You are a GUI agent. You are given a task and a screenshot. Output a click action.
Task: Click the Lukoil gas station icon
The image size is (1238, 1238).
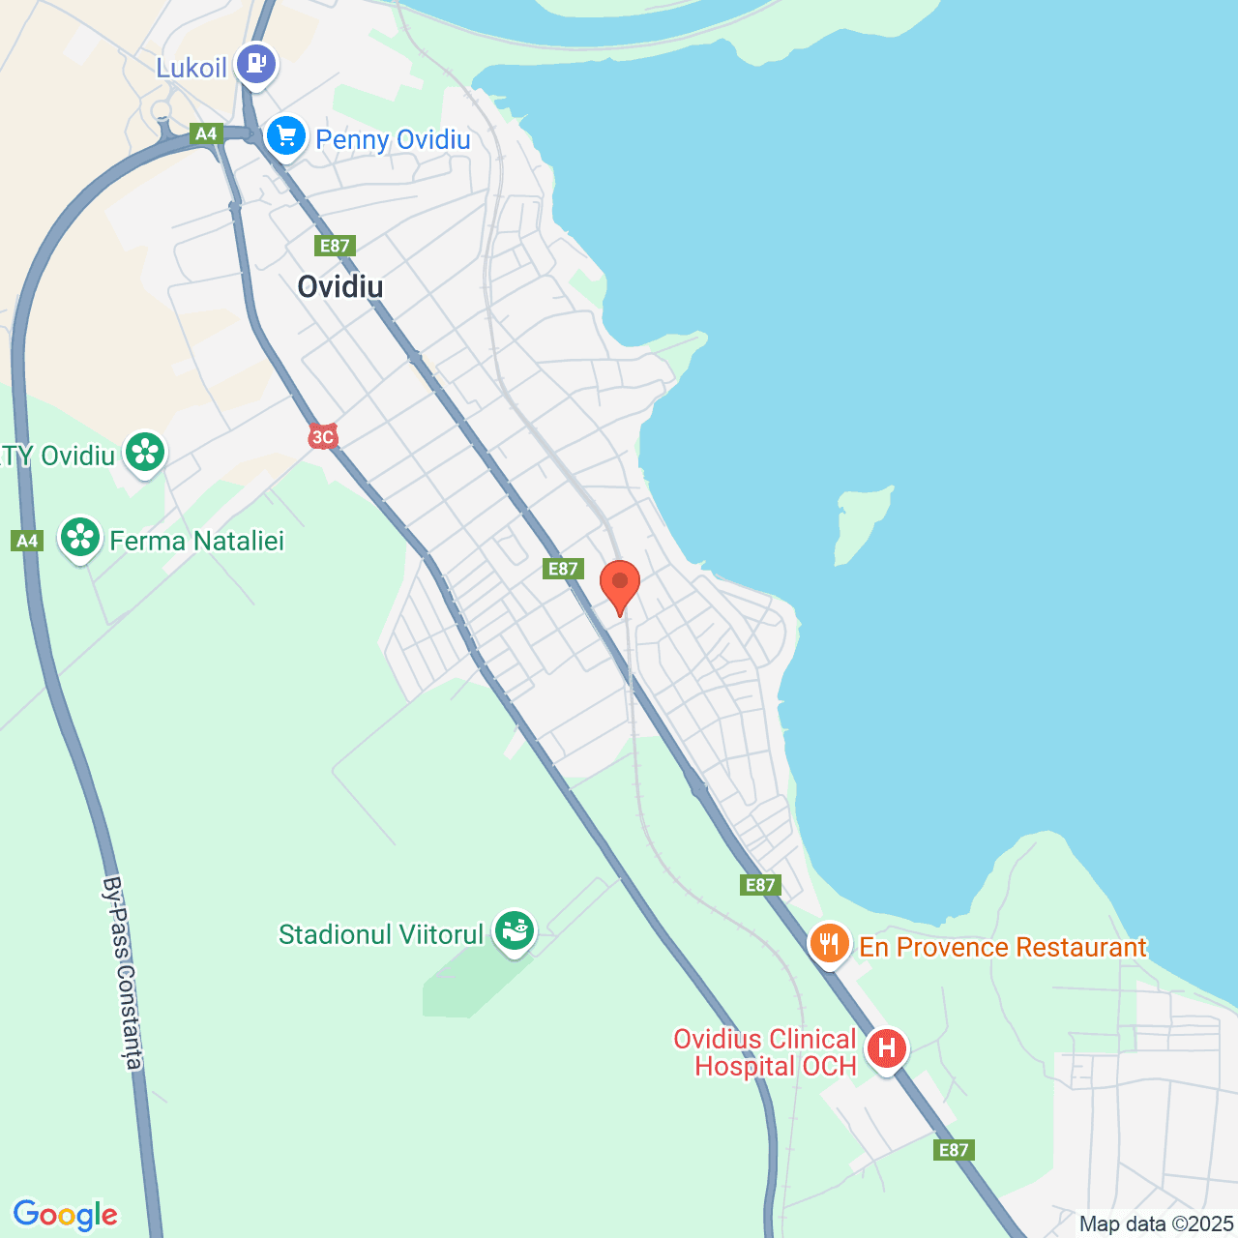255,65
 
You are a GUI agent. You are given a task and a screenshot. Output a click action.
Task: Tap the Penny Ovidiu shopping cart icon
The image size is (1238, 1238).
286,136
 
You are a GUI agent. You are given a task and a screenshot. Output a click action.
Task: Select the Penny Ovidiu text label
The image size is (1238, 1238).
393,139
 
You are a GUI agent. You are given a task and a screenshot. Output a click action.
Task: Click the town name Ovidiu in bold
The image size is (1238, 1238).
340,286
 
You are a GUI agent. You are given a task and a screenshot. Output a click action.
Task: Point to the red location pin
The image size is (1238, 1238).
620,584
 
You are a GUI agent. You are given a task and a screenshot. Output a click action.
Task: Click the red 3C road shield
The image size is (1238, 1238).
322,437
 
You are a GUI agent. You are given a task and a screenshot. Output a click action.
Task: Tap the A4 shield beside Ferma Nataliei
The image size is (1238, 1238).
27,541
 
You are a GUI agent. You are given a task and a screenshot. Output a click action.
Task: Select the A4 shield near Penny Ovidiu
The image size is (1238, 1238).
206,133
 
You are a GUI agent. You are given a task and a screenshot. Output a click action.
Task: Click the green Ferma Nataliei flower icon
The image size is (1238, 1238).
80,537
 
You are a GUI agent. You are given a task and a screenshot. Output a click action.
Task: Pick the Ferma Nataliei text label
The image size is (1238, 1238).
197,541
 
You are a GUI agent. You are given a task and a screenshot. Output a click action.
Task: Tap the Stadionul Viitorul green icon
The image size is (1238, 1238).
515,930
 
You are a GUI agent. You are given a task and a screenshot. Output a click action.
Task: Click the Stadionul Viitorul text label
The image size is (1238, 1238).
381,934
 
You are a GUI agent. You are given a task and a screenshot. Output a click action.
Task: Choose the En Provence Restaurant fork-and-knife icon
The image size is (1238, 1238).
829,943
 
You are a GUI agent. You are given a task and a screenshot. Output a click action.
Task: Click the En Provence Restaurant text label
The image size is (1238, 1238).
1003,947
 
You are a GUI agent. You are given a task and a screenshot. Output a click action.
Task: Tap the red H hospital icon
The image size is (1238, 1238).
886,1048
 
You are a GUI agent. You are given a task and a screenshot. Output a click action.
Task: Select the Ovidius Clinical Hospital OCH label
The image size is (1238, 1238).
765,1052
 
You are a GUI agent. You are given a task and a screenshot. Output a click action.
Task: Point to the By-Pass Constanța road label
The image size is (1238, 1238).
123,973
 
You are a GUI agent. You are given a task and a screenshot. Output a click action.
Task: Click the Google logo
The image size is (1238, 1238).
65,1215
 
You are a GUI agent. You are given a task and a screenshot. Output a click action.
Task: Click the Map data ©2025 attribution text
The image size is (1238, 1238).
1156,1223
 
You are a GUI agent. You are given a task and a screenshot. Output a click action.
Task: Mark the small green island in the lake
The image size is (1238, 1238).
861,522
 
